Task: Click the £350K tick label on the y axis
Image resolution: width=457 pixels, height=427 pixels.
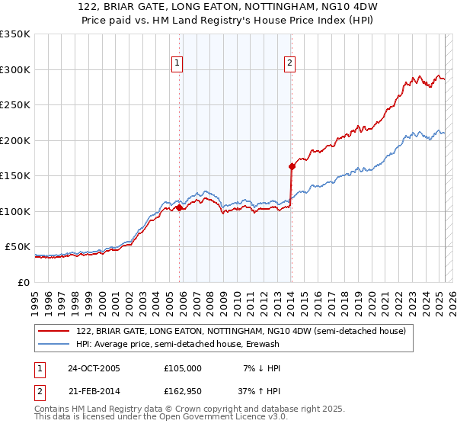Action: (15, 34)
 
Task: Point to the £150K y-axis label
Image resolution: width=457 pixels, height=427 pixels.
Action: (15, 176)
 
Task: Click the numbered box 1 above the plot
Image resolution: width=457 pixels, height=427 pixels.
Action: (177, 64)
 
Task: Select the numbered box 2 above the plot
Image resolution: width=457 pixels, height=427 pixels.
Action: (290, 64)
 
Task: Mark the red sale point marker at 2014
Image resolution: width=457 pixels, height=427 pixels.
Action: (292, 166)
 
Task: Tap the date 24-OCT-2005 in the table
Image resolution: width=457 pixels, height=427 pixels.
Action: (94, 368)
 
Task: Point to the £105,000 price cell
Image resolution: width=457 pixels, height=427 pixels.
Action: (183, 368)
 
